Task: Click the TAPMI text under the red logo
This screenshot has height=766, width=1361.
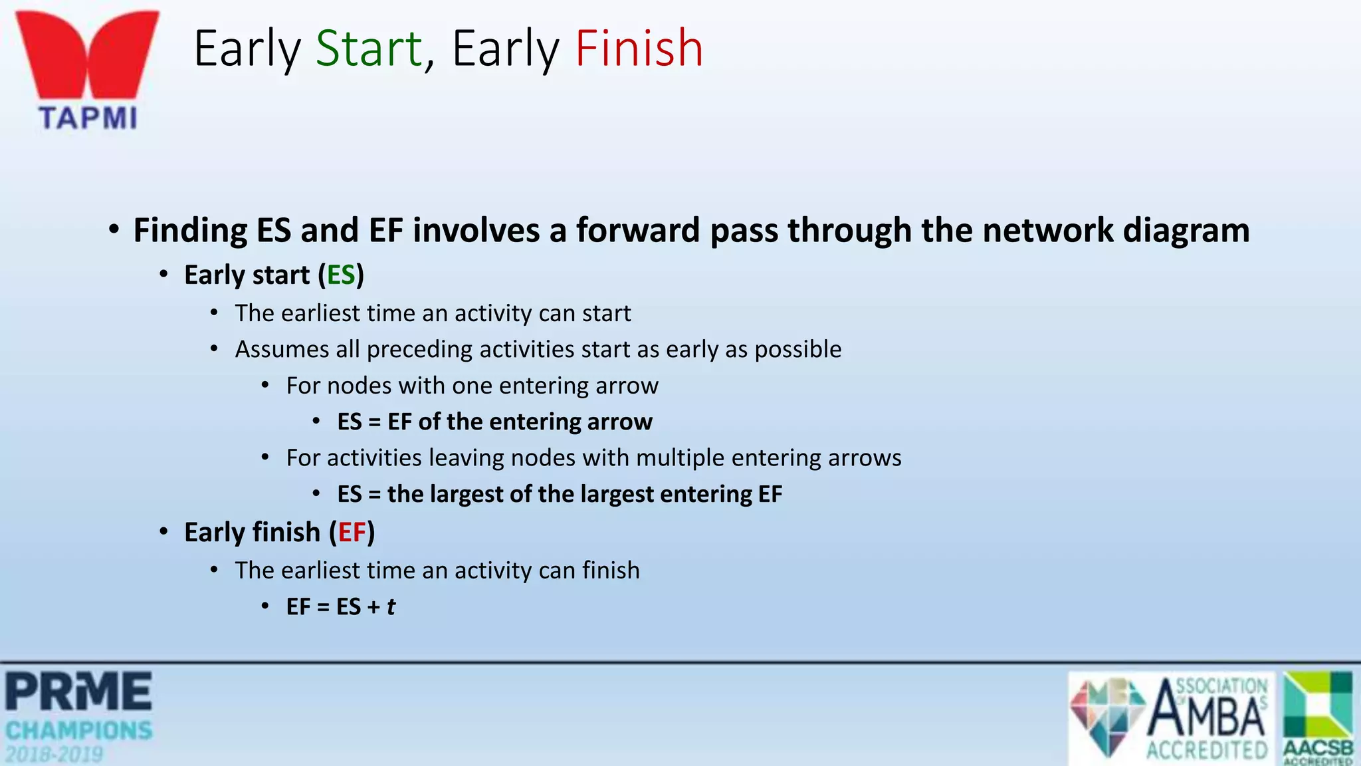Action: pos(88,118)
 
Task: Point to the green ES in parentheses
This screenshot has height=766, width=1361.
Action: pos(341,275)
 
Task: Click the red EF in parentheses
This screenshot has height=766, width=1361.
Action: pos(352,533)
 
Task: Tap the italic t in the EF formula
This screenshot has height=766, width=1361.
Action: pos(391,606)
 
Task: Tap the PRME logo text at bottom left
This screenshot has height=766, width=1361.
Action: pos(79,692)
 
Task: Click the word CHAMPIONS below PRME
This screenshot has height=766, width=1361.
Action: pos(79,731)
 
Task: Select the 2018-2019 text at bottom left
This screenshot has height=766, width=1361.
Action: pos(54,755)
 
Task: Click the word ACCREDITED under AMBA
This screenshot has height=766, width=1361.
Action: pos(1207,751)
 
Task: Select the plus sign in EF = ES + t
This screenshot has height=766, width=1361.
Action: pos(373,607)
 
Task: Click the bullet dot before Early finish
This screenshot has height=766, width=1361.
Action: pos(163,533)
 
